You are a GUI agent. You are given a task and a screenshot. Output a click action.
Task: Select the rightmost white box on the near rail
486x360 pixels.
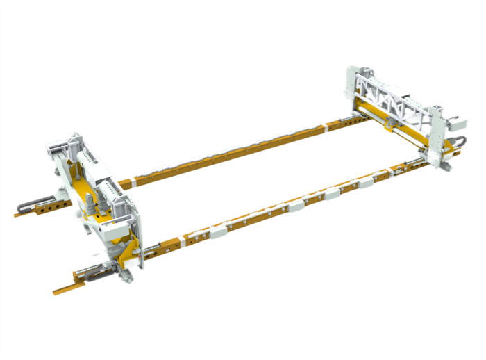[380, 177]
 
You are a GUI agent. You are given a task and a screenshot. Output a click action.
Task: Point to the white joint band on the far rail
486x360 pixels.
[324, 127]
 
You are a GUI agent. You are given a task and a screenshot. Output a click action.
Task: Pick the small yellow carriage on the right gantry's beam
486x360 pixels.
[389, 124]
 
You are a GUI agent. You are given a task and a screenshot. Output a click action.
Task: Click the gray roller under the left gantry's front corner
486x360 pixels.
[126, 277]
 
